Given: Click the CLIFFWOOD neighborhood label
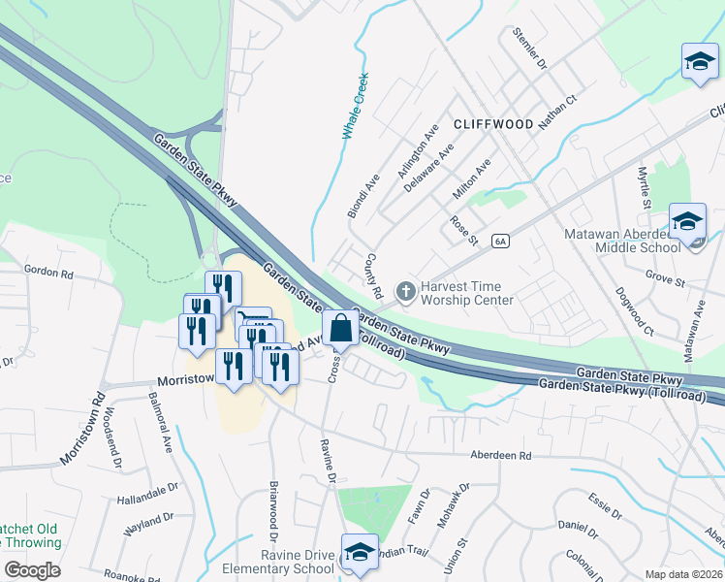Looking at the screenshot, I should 492,124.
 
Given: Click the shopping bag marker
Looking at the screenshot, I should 341,330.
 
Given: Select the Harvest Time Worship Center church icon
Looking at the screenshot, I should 406,289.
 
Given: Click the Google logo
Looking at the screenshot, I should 32,570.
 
